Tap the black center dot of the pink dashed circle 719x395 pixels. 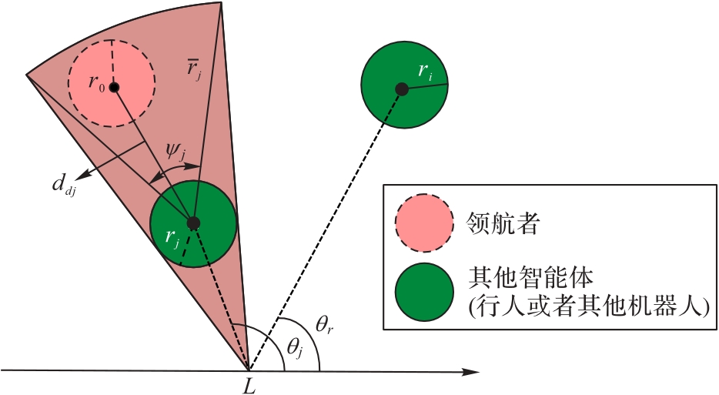point(114,88)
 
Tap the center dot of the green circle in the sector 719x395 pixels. point(194,223)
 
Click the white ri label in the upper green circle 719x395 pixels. point(424,72)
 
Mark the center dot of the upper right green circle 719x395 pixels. point(402,89)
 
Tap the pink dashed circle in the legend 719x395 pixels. point(423,224)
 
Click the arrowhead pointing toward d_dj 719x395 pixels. point(82,176)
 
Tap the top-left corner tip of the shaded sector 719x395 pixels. point(28,74)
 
